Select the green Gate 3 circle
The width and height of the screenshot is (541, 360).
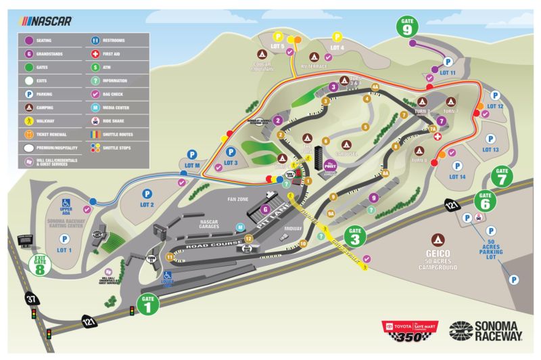357,237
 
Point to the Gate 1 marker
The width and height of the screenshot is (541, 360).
149,303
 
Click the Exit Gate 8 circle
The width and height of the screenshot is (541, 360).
41,267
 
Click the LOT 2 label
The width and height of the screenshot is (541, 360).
147,204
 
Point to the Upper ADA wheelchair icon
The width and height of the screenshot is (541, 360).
66,202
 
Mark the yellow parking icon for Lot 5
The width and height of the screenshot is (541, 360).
278,38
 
